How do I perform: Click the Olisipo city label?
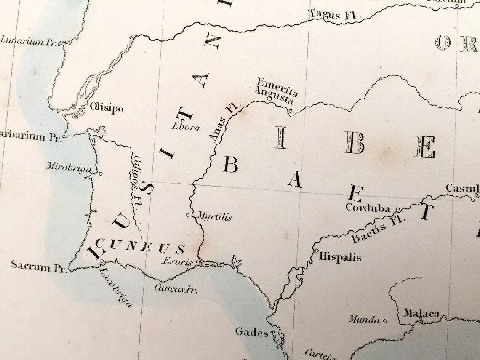(107, 108)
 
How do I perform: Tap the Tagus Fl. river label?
(335, 14)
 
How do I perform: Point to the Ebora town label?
(186, 128)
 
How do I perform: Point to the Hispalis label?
(340, 256)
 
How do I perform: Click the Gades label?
(251, 332)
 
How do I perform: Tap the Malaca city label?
(421, 313)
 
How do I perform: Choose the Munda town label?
(364, 320)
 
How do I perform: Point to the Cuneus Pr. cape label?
(176, 289)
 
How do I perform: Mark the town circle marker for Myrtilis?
(188, 215)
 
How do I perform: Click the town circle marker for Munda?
(385, 320)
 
